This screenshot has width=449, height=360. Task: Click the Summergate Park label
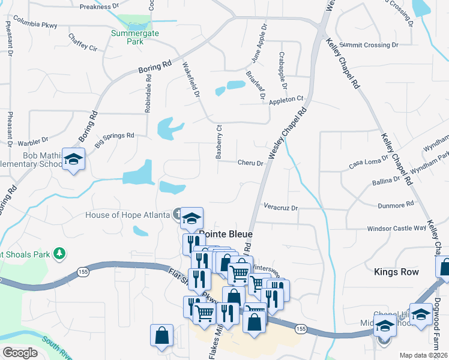(135, 37)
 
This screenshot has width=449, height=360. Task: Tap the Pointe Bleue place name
(225, 234)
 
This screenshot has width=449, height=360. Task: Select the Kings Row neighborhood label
(396, 272)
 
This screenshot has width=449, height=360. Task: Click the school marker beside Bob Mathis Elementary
(73, 160)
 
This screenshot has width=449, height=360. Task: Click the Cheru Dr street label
(250, 163)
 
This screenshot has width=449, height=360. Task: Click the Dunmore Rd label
(396, 205)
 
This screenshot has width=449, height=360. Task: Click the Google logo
(20, 352)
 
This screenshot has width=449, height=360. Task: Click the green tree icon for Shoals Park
(59, 254)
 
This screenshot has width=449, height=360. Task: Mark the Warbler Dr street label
(33, 142)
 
